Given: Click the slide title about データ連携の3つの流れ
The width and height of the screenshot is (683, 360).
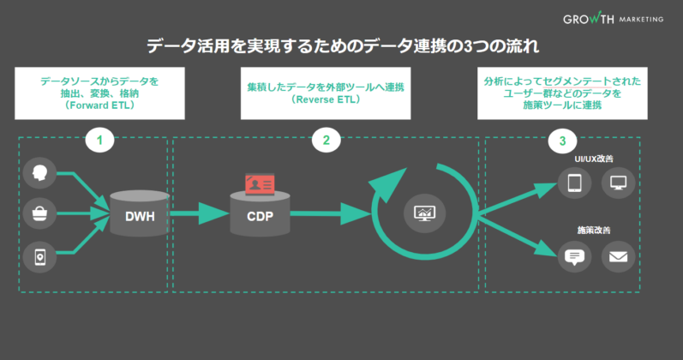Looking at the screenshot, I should pos(342,45).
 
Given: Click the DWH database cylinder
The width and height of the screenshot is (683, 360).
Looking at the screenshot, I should pos(139,214).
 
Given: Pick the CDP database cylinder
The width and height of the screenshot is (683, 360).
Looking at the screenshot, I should pos(259,214).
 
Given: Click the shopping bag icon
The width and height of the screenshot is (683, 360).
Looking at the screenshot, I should pos(39,213).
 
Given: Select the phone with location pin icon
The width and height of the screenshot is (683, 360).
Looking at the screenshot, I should pos(39,255).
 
